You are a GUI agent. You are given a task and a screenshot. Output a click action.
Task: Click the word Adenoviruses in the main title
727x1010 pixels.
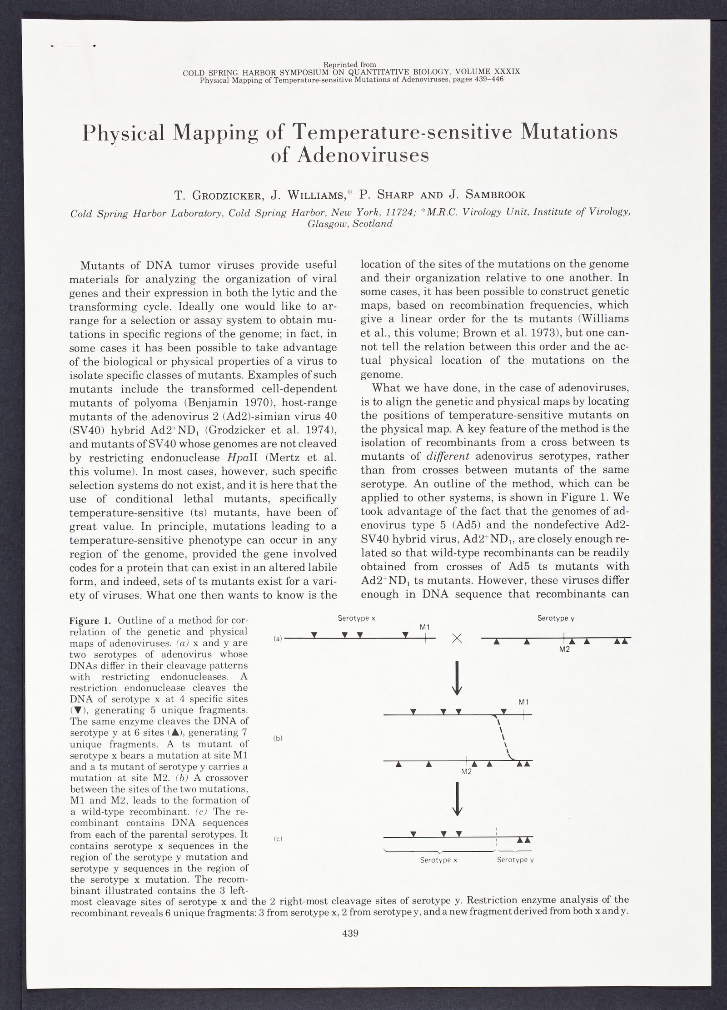[350, 156]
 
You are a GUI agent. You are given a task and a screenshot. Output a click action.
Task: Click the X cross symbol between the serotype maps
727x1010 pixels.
[458, 639]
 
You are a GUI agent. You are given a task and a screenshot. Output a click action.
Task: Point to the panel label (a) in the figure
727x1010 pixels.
[278, 639]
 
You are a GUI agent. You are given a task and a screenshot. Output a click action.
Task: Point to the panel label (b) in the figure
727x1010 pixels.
[278, 739]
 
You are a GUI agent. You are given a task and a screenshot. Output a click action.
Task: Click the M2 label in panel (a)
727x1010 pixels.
[564, 650]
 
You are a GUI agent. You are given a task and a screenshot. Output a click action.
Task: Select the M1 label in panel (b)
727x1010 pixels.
[524, 702]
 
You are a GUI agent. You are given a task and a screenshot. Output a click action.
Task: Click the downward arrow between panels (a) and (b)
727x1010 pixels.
[458, 678]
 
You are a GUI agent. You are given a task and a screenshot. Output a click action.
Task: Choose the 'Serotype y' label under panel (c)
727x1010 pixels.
[512, 860]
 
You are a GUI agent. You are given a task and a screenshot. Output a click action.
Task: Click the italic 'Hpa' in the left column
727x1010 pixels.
[232, 456]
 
